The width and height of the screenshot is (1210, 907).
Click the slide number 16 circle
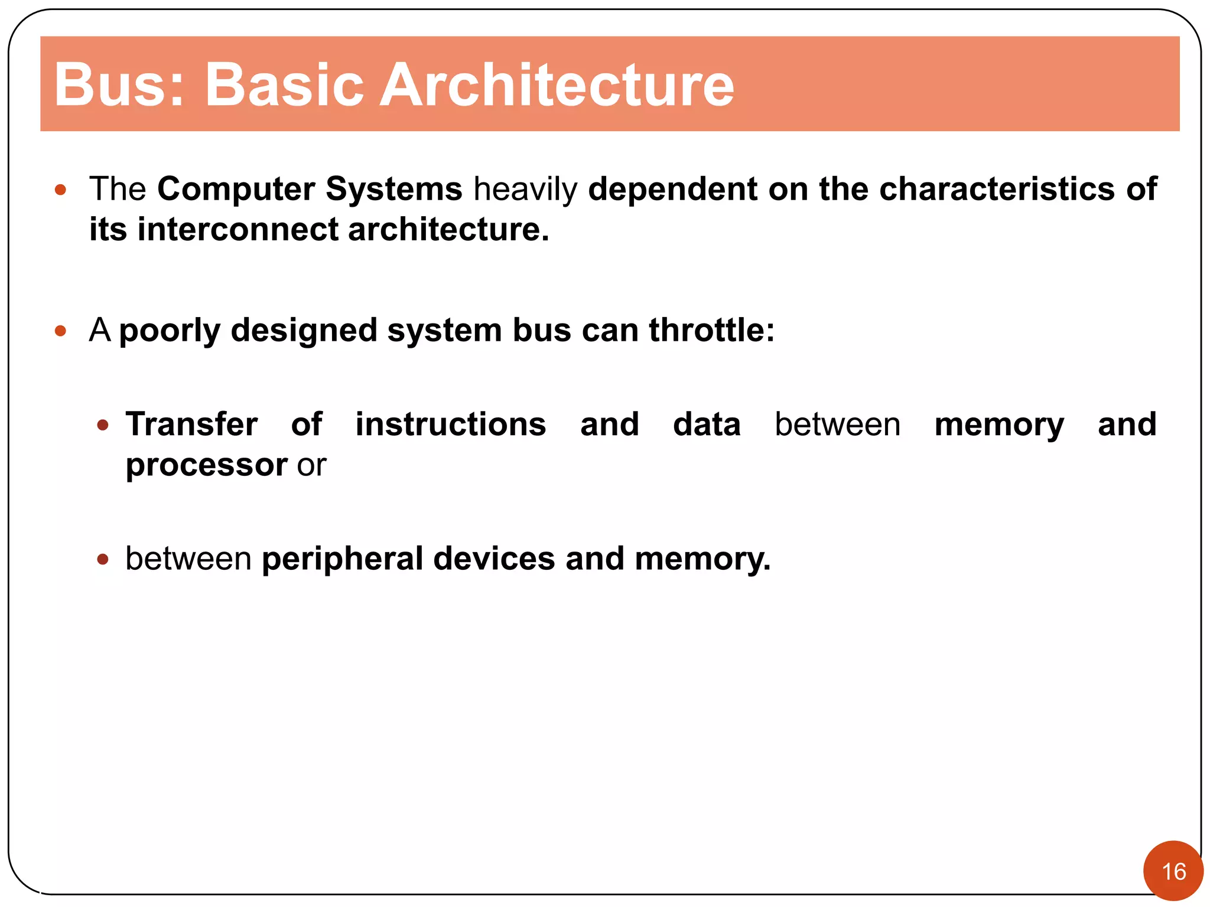pos(1173,871)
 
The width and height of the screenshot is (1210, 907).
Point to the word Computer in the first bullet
pos(236,190)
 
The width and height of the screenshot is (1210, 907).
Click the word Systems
pos(393,190)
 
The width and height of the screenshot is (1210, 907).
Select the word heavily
pos(525,190)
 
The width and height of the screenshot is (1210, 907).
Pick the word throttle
pos(711,330)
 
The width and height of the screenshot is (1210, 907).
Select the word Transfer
pos(191,425)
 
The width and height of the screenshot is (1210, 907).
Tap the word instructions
pos(450,425)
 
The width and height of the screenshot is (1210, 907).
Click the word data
pos(706,425)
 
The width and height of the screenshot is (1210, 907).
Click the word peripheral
pos(342,559)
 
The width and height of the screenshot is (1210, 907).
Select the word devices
pos(494,558)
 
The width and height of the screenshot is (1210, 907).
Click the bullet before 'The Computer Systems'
pos(60,190)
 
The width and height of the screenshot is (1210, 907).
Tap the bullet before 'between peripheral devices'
pos(103,559)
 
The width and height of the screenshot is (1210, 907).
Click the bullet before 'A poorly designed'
pos(60,331)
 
